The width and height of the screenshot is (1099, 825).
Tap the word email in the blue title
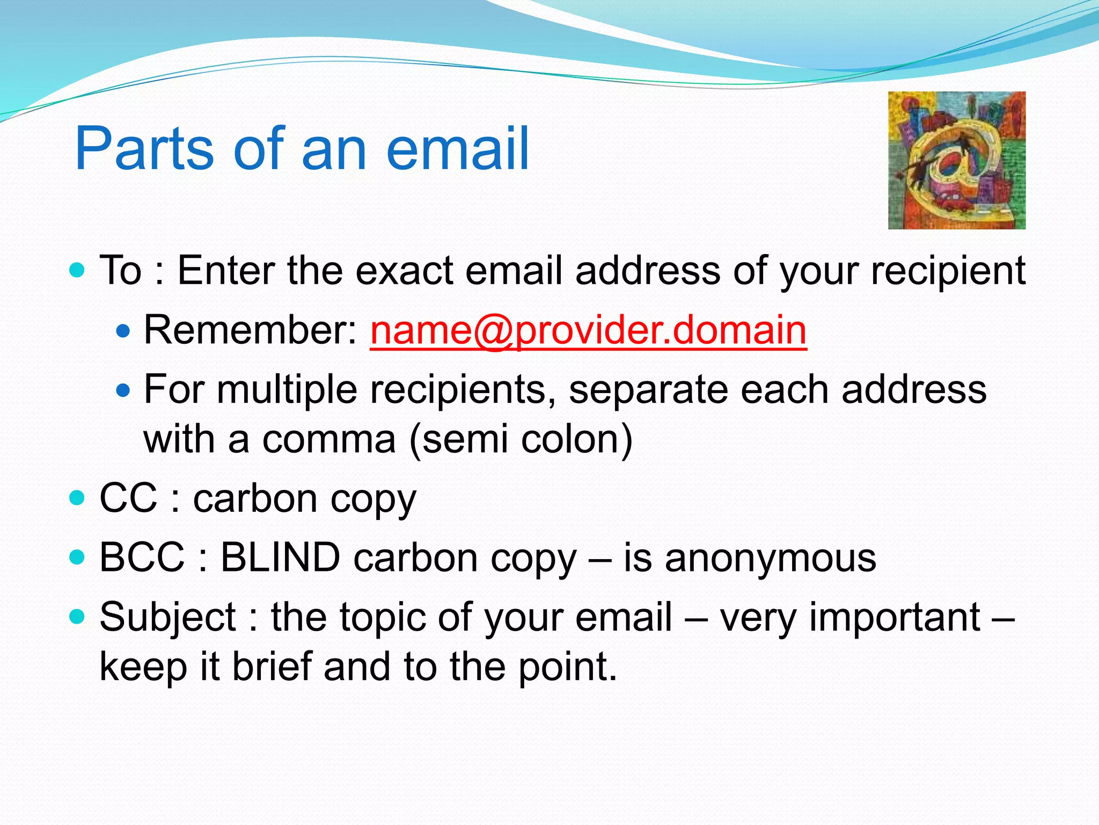click(457, 149)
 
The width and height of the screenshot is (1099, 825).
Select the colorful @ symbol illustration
click(956, 160)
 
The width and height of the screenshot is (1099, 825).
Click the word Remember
click(250, 330)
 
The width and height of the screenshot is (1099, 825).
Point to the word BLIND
click(280, 558)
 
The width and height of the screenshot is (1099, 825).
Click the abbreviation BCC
click(142, 558)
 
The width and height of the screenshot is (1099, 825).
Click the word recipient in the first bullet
click(948, 271)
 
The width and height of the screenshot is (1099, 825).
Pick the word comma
click(329, 439)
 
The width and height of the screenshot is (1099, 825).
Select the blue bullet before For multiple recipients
click(123, 389)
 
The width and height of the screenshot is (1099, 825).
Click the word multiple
click(287, 390)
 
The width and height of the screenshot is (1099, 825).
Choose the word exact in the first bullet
click(405, 270)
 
